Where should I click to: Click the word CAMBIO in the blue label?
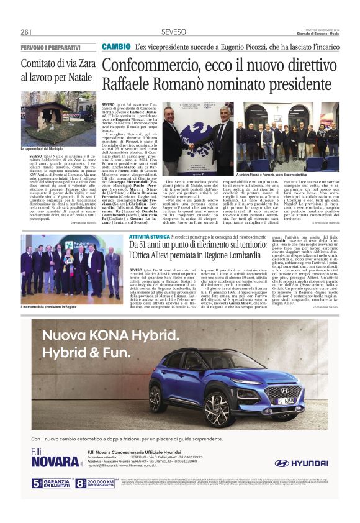point(115,47)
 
